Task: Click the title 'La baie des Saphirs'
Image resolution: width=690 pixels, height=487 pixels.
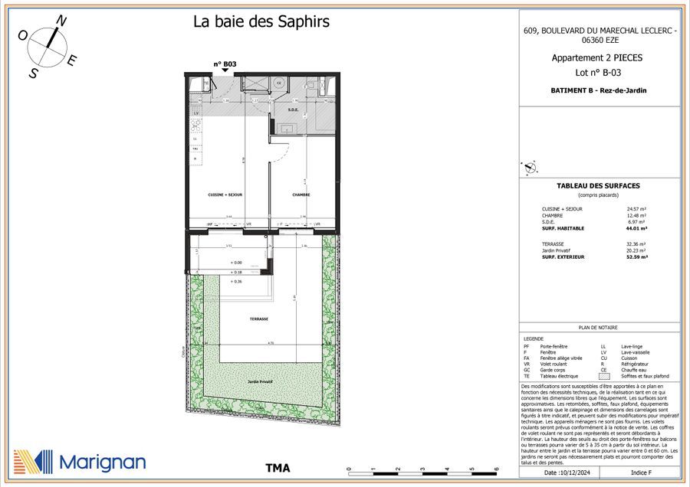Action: coord(261,21)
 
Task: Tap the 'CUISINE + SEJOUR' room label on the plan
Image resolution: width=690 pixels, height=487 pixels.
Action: coord(225,195)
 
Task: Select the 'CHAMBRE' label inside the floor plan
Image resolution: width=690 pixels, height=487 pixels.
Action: coord(301,195)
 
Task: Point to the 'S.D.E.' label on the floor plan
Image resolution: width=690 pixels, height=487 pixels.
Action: coord(293,109)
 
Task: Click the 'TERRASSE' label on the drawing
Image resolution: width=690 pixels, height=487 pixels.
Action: coord(258,319)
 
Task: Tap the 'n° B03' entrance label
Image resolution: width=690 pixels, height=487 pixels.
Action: coord(225,64)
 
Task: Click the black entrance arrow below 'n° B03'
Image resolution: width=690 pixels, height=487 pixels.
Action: coord(225,71)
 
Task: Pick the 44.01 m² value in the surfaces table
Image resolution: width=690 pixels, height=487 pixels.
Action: coord(637,228)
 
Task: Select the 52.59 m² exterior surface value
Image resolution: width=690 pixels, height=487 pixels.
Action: coord(637,257)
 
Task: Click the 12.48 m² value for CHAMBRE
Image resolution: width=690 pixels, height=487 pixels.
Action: coord(637,215)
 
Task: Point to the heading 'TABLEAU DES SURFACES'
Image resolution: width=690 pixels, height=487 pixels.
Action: coord(598,186)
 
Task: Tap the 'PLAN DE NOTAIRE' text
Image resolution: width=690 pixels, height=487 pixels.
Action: coord(598,326)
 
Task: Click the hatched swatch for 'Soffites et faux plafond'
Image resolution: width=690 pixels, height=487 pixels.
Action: coord(604,376)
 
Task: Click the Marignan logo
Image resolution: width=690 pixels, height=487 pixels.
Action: coord(80,460)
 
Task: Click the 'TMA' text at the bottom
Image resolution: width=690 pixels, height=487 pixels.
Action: coord(278,468)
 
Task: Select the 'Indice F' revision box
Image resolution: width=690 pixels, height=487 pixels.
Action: coord(639,474)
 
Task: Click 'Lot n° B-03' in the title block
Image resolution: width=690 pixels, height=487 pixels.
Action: coord(598,73)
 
